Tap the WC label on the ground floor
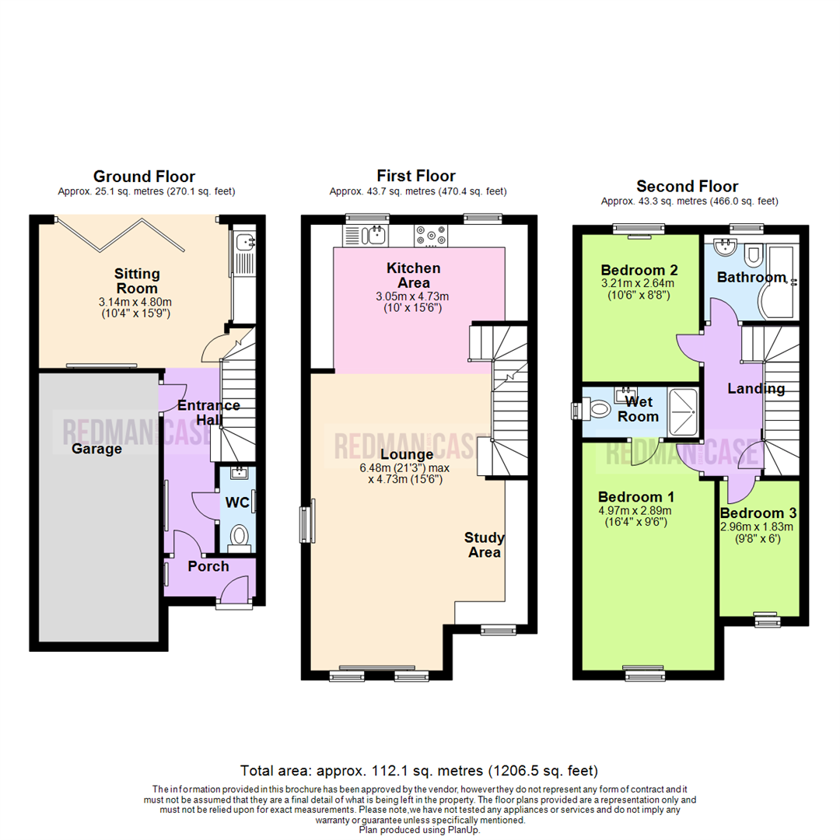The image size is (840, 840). pyautogui.click(x=236, y=502)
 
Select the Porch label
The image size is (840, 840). pyautogui.click(x=208, y=566)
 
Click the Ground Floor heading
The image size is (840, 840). pyautogui.click(x=144, y=177)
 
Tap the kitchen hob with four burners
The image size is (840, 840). pyautogui.click(x=430, y=234)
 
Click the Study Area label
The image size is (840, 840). pyautogui.click(x=485, y=544)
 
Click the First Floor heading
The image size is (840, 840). pyautogui.click(x=416, y=176)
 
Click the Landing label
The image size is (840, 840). pyautogui.click(x=756, y=388)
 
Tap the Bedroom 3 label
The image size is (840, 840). pyautogui.click(x=758, y=513)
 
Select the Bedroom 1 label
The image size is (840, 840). pyautogui.click(x=636, y=497)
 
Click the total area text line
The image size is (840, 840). pyautogui.click(x=419, y=771)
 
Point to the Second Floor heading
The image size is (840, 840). pyautogui.click(x=688, y=186)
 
